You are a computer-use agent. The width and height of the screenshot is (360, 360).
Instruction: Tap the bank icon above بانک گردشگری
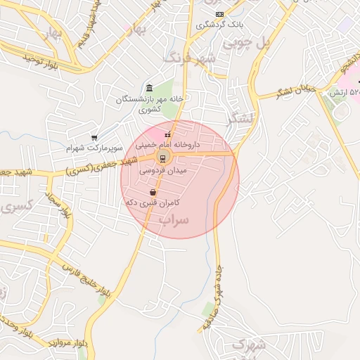220,14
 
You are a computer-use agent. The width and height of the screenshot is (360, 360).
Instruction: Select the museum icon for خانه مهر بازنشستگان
149,88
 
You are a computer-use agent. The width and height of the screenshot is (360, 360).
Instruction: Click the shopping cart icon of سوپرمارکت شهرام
95,138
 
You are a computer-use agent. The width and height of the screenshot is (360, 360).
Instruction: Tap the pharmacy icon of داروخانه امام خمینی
167,135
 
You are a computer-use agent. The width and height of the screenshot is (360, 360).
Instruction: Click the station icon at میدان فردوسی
162,157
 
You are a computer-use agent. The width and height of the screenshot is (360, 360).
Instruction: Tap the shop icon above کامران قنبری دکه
153,192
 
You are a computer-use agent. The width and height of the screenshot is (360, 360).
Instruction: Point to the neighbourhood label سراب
174,221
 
